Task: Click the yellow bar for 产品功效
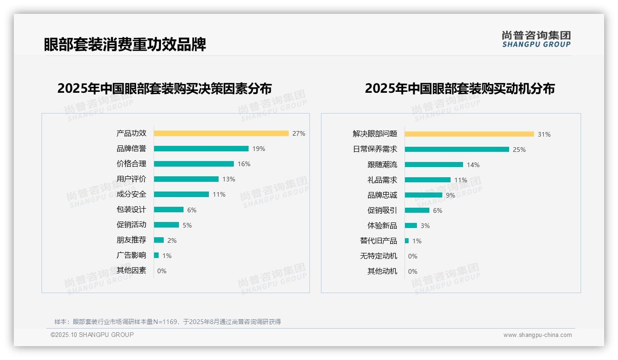click(x=221, y=133)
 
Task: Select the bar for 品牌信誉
click(x=201, y=149)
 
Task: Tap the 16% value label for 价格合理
click(x=244, y=164)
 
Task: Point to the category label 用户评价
click(x=131, y=179)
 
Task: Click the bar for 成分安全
click(x=181, y=194)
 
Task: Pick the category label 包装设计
click(x=131, y=210)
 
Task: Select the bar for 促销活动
click(x=166, y=225)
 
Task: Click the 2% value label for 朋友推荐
click(x=172, y=240)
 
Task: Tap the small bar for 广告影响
click(x=156, y=255)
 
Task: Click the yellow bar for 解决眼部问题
click(x=469, y=134)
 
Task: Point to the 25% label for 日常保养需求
click(x=519, y=150)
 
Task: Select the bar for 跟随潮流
click(x=434, y=165)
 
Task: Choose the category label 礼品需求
click(x=382, y=180)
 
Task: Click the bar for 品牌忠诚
click(x=423, y=195)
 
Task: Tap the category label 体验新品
click(x=382, y=226)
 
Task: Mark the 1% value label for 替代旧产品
click(x=416, y=241)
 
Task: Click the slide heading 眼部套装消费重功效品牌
click(x=125, y=44)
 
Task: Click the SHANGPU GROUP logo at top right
click(x=536, y=39)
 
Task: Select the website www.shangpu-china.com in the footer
click(x=537, y=335)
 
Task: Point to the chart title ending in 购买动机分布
click(x=459, y=88)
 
